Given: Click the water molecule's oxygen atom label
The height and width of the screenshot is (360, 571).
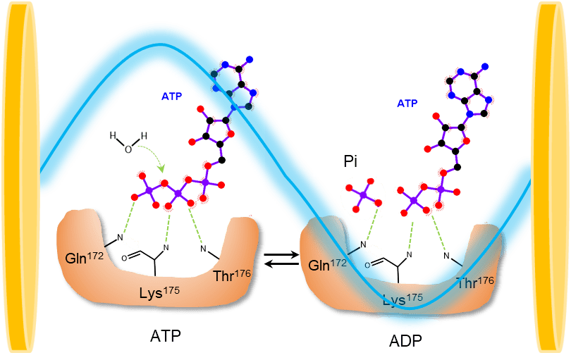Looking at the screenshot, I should tap(128, 149).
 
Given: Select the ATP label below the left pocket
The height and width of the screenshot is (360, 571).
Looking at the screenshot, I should tap(166, 335).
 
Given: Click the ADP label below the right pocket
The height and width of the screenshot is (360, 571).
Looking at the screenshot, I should tap(406, 344).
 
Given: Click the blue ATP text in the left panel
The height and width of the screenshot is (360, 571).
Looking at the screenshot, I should tap(172, 95).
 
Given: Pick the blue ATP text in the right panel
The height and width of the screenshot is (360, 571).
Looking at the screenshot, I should tap(407, 103).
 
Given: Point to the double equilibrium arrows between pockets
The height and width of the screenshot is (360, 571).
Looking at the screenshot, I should tap(279, 261).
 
